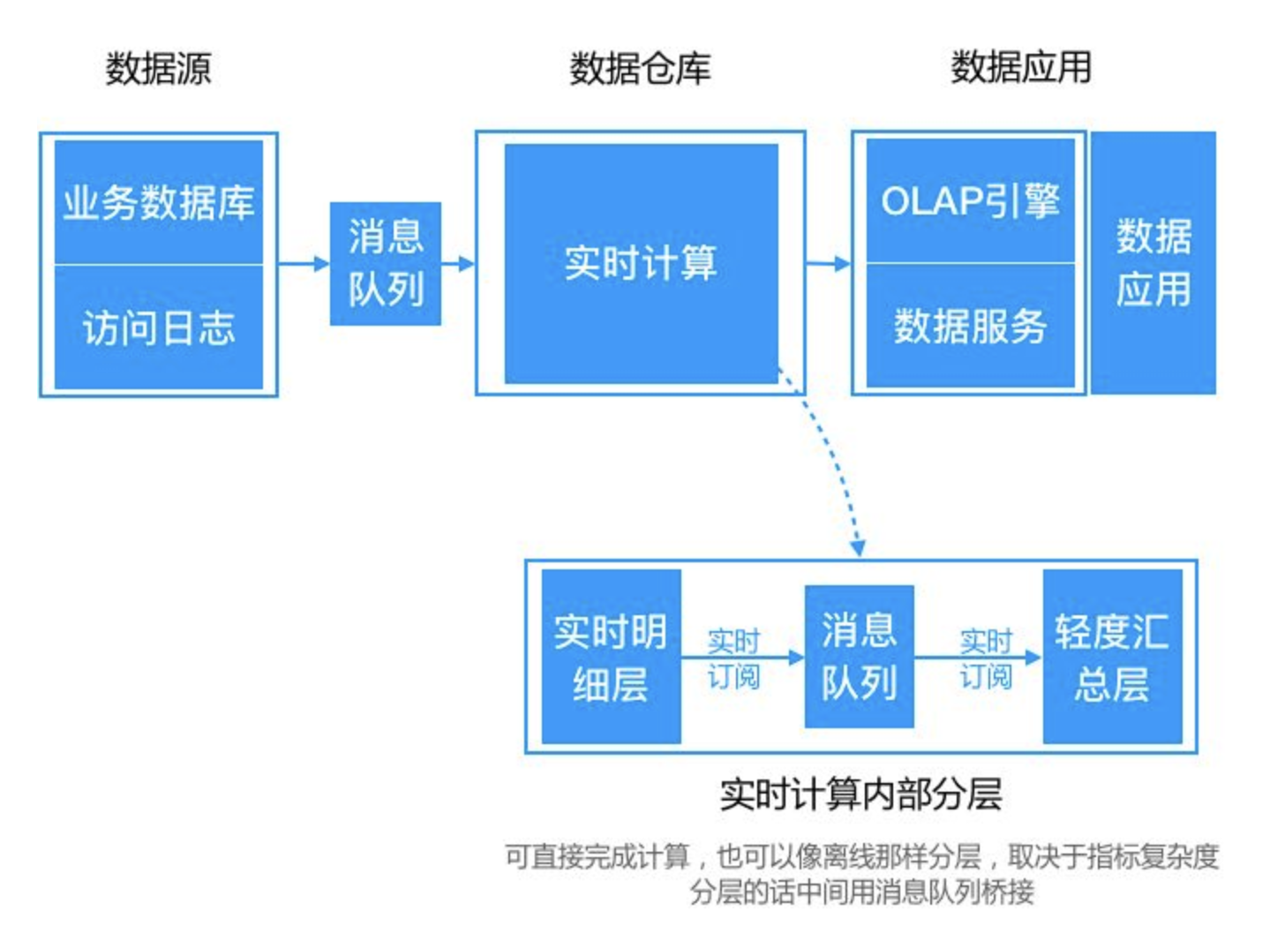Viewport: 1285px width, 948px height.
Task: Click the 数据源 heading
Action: click(x=159, y=68)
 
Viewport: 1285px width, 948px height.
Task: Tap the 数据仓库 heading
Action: click(x=640, y=68)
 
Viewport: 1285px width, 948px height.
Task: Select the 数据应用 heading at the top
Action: click(x=1021, y=67)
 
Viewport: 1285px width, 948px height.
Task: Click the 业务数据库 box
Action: click(x=159, y=202)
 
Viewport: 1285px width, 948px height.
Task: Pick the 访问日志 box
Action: click(x=159, y=327)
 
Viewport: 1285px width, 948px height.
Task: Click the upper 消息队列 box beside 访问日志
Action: click(x=386, y=263)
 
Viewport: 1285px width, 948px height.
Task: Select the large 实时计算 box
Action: click(x=641, y=263)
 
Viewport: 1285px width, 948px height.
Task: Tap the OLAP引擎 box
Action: click(x=970, y=200)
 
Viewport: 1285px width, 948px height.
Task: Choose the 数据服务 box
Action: click(x=970, y=326)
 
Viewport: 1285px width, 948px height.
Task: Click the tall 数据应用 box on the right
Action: click(x=1153, y=263)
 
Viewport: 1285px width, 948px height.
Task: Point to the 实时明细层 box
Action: click(x=611, y=657)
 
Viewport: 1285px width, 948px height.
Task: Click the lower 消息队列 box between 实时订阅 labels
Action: click(x=859, y=657)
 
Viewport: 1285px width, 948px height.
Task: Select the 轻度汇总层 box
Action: click(x=1112, y=657)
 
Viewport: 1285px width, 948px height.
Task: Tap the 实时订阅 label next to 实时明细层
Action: click(x=733, y=658)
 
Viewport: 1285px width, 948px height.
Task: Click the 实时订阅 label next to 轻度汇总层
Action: click(x=986, y=658)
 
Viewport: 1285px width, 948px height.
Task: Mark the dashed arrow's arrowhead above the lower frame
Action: click(x=858, y=548)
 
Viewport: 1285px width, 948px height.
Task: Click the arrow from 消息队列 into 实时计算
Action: click(x=459, y=263)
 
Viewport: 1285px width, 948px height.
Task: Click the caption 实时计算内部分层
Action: click(x=860, y=794)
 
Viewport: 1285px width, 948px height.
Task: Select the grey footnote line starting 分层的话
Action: click(x=861, y=892)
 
